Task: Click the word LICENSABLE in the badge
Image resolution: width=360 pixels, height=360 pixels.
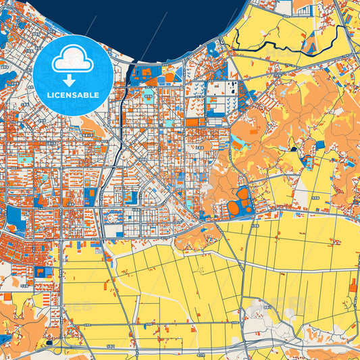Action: (73, 95)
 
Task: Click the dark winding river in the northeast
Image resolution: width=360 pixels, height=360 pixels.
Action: (270, 45)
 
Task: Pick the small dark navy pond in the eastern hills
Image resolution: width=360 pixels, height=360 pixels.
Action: (293, 149)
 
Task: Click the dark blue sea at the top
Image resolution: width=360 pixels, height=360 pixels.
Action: (169, 20)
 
